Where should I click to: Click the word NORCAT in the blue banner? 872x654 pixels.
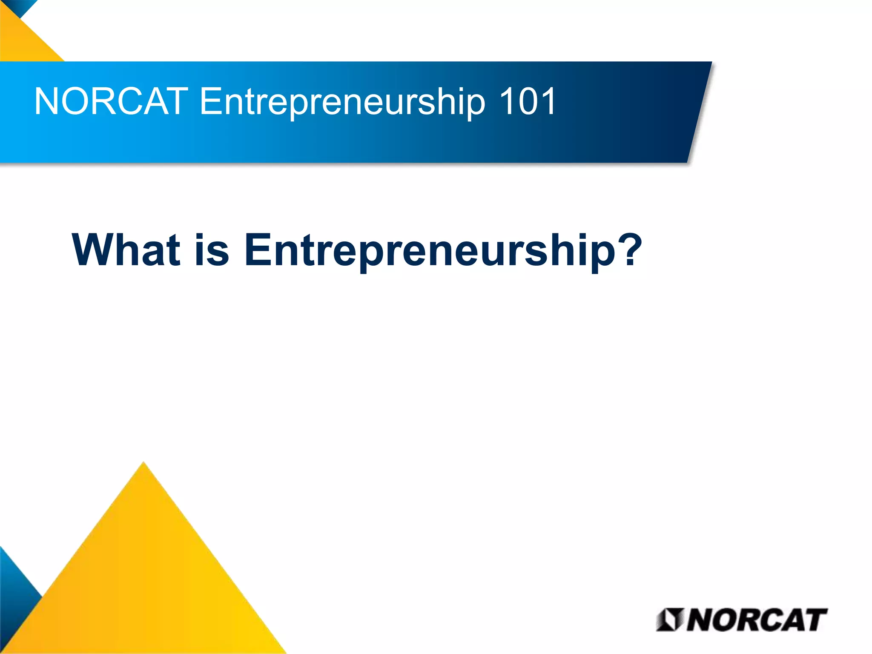(111, 101)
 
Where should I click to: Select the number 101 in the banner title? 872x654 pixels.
(528, 101)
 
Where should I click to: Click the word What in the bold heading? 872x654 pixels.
(126, 250)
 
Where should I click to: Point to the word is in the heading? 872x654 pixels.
(212, 250)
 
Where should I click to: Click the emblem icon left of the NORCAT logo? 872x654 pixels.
(670, 620)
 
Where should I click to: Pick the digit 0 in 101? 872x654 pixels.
(528, 101)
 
